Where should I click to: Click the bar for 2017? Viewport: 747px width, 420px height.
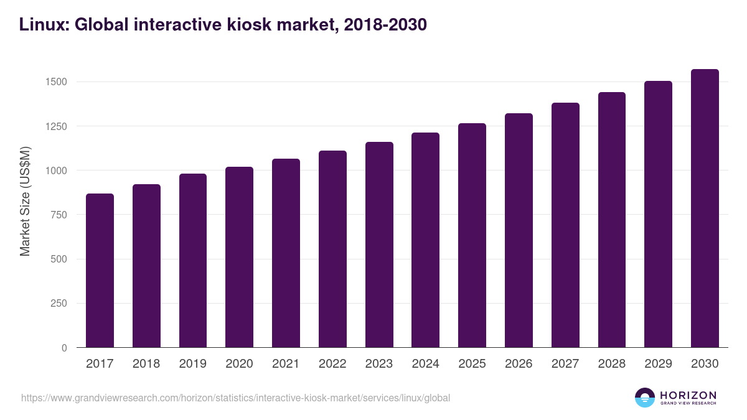click(x=100, y=271)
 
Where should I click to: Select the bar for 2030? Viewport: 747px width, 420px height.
click(x=705, y=208)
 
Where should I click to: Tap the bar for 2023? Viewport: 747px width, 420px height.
click(x=379, y=245)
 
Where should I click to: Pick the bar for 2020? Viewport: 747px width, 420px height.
click(x=239, y=257)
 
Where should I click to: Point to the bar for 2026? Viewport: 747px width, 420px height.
click(x=519, y=230)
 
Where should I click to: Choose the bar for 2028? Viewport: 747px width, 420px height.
click(x=611, y=220)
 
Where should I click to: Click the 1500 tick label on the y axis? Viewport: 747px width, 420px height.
click(x=56, y=82)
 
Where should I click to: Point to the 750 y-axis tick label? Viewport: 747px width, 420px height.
click(x=59, y=215)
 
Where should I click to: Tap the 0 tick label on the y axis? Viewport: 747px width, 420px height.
click(x=63, y=348)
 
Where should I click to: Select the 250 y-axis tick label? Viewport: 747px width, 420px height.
click(x=59, y=304)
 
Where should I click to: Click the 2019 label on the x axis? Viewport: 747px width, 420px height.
click(x=192, y=364)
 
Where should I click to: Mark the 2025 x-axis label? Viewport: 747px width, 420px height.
click(x=472, y=364)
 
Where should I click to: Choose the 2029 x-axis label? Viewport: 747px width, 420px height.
click(x=658, y=364)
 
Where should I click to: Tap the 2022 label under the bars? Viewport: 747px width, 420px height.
click(x=332, y=364)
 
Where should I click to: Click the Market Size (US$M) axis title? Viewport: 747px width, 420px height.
click(x=25, y=200)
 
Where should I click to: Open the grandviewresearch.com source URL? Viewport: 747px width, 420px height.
click(x=235, y=398)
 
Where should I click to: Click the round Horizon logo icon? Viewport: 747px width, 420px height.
click(x=645, y=398)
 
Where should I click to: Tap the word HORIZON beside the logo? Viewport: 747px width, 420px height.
click(x=688, y=394)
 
